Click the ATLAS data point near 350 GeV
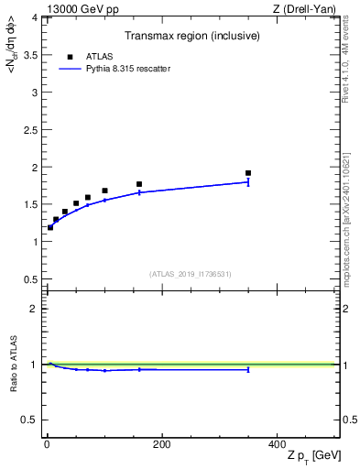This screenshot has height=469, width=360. [248, 173]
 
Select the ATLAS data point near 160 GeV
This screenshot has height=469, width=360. [139, 184]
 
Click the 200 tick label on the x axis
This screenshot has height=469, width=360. [161, 444]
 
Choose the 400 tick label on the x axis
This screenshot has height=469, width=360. [276, 444]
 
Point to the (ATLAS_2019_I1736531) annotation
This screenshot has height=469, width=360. [191, 274]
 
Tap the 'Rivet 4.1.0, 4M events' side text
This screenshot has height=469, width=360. [352, 70]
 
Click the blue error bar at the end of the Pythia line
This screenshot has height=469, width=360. [248, 182]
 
